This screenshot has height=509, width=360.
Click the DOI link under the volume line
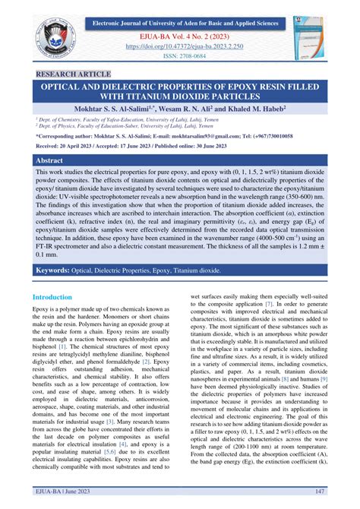coord(180,45)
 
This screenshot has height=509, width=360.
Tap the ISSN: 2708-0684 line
coord(180,55)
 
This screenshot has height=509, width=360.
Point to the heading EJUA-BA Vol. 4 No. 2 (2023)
coord(180,34)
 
